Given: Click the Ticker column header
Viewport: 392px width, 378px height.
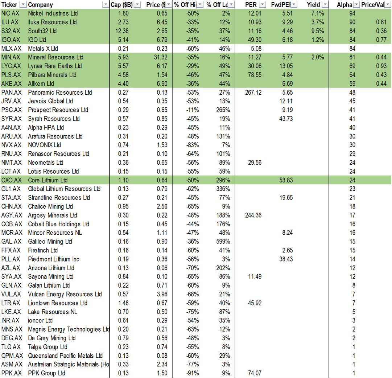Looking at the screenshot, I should click(x=9, y=5).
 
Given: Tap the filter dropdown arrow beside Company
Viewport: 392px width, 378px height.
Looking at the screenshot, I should click(x=106, y=5).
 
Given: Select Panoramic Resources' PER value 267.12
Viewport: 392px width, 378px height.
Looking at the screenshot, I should click(x=253, y=93).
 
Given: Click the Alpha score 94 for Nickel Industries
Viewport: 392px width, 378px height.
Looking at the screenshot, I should click(x=351, y=13).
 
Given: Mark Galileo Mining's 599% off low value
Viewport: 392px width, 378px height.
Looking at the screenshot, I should click(x=223, y=242).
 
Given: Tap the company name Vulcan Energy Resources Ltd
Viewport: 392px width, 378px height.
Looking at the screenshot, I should click(x=65, y=294).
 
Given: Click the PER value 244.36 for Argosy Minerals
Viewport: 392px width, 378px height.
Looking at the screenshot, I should click(x=253, y=215).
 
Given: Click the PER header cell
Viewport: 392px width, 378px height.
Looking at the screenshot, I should click(x=251, y=5).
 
